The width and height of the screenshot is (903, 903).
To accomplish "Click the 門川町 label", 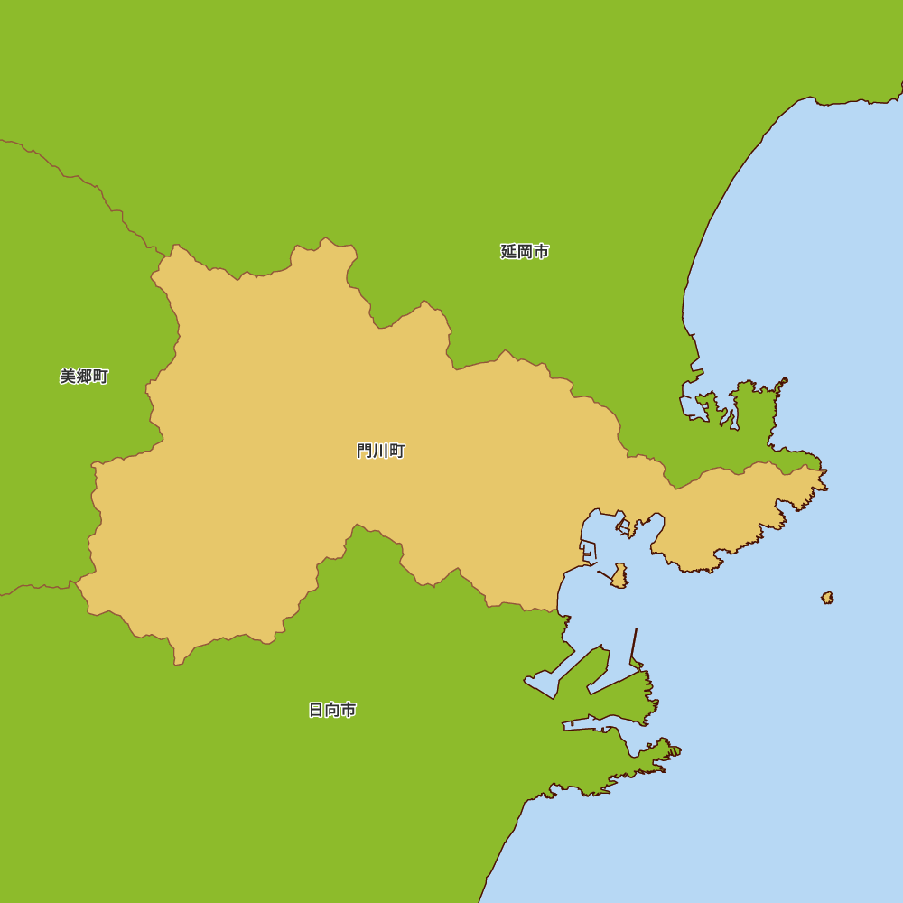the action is pyautogui.click(x=380, y=451).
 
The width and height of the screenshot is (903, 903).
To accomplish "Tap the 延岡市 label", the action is pyautogui.click(x=525, y=252).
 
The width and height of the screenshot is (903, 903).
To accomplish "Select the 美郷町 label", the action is pyautogui.click(x=84, y=377).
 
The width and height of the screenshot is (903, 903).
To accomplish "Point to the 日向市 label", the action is pyautogui.click(x=332, y=710).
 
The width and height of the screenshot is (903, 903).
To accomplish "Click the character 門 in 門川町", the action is pyautogui.click(x=365, y=451).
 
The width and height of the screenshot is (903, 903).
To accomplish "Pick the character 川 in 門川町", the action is pyautogui.click(x=380, y=451).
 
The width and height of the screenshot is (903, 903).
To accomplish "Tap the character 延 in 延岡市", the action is pyautogui.click(x=508, y=252).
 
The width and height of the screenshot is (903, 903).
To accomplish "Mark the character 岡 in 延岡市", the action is pyautogui.click(x=525, y=252).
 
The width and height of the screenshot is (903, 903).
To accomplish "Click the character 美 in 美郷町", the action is pyautogui.click(x=68, y=377).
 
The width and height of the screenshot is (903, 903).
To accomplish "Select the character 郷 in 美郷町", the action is pyautogui.click(x=84, y=377).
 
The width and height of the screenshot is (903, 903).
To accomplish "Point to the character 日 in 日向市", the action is pyautogui.click(x=316, y=710).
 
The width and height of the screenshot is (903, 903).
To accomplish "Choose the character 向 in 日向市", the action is pyautogui.click(x=332, y=710).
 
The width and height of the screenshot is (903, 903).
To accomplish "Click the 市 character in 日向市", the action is pyautogui.click(x=349, y=710).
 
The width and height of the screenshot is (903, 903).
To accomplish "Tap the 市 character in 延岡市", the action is pyautogui.click(x=541, y=252).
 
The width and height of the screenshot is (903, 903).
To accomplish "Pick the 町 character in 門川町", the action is pyautogui.click(x=396, y=451).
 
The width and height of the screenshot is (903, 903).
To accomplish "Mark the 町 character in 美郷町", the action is pyautogui.click(x=100, y=377).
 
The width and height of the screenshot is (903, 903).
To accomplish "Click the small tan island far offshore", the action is pyautogui.click(x=827, y=598).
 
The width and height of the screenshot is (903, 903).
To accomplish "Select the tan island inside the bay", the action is pyautogui.click(x=619, y=576).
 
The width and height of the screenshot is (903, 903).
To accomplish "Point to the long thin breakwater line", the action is pyautogui.click(x=635, y=647).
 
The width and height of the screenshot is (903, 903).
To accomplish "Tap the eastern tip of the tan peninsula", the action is pyautogui.click(x=824, y=479).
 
